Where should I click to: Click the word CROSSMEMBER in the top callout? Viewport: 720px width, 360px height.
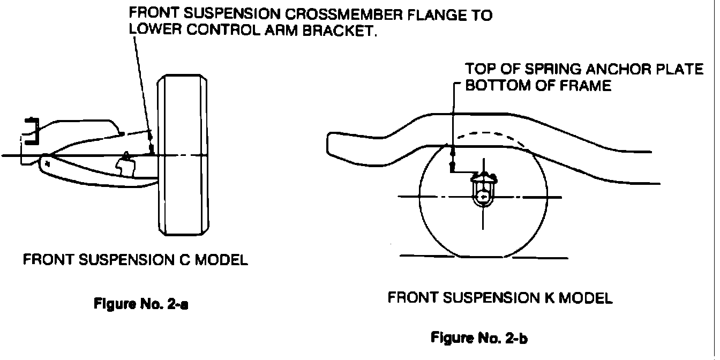coord(327,15)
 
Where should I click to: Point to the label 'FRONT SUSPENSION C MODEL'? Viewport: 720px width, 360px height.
coord(135,261)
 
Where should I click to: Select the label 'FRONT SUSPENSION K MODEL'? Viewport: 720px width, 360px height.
coord(499,298)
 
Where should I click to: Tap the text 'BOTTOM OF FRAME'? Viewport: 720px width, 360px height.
coord(538,86)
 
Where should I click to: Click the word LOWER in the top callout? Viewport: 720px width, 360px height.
coord(155,31)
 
